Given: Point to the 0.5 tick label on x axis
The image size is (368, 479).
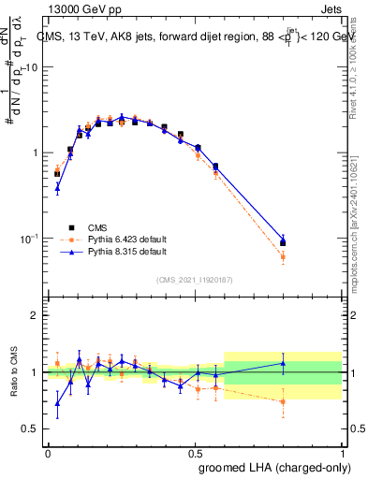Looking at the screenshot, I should pos(195,452).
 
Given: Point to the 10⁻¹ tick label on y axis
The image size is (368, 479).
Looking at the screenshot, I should pos(30,239).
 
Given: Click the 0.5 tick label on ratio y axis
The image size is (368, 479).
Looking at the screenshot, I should pos(30,429).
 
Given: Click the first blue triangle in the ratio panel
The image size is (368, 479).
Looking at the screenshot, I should pos(57,404).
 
